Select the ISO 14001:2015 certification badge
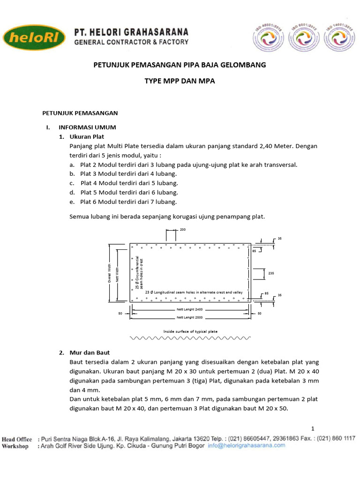point(340,37)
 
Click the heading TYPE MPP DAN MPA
point(180,81)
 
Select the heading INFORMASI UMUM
point(87,127)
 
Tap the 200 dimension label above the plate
point(183,230)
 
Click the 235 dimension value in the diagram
point(271,273)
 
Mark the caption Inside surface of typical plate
point(190,331)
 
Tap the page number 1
point(313,429)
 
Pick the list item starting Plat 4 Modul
point(129,183)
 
